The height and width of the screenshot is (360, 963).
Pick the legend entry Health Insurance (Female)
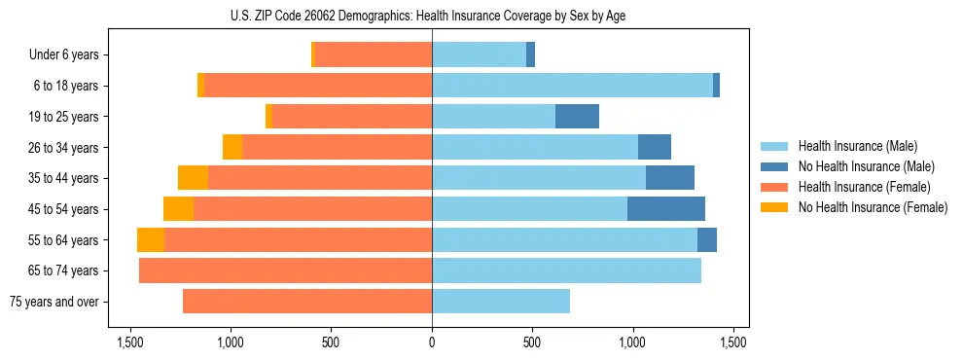click(858, 187)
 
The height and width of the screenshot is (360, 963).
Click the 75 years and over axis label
click(54, 302)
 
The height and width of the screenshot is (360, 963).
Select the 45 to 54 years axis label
click(64, 209)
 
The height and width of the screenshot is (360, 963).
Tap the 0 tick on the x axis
click(432, 342)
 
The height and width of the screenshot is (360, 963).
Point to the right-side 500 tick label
click(532, 342)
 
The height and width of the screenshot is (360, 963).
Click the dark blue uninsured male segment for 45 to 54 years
click(666, 209)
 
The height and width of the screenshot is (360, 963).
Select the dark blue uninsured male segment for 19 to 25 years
click(577, 117)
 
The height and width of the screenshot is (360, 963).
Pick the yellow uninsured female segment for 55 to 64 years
click(151, 240)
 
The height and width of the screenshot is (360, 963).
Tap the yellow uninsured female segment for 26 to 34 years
click(232, 147)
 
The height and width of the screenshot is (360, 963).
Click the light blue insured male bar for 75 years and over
click(501, 302)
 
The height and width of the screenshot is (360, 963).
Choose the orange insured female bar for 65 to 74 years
click(286, 270)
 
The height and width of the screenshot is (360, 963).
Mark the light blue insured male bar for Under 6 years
click(479, 55)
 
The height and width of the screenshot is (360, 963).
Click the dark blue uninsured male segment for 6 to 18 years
click(716, 86)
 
